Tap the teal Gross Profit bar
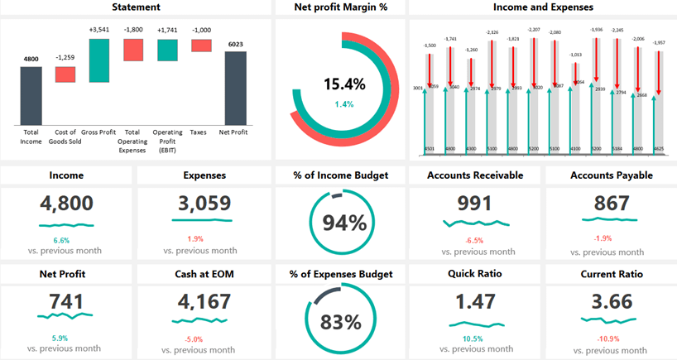(x=98, y=60)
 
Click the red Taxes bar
(x=201, y=46)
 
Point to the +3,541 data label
(x=98, y=31)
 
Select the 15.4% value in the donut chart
(x=343, y=84)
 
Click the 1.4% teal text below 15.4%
(x=343, y=104)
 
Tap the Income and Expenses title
(x=543, y=7)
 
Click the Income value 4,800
(x=65, y=204)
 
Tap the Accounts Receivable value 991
(x=474, y=204)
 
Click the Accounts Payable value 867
(x=612, y=204)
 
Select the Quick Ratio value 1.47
(x=474, y=302)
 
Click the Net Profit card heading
(x=65, y=274)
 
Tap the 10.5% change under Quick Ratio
(x=474, y=338)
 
